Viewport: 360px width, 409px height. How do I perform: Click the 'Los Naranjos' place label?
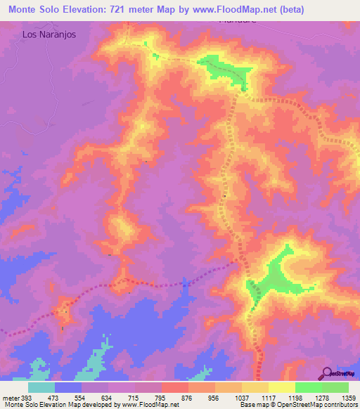[49, 33]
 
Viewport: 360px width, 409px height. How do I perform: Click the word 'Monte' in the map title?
[25, 9]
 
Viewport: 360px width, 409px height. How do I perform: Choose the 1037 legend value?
[229, 398]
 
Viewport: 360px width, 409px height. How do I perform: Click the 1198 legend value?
[283, 398]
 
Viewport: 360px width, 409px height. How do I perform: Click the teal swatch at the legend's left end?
[41, 387]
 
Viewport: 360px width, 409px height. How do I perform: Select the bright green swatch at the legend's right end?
[335, 387]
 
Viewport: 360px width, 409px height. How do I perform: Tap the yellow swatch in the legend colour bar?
[282, 387]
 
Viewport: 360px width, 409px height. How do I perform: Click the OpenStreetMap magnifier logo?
[327, 372]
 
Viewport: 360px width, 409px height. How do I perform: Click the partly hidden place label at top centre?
[237, 21]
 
